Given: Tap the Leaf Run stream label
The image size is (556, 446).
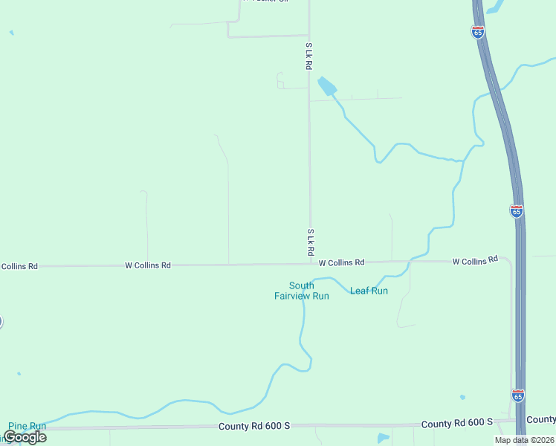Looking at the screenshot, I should (x=369, y=291).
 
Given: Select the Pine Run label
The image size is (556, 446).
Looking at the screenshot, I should (x=27, y=426).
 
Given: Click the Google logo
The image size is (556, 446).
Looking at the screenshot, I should (x=25, y=437).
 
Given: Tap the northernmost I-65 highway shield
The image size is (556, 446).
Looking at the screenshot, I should (x=477, y=31).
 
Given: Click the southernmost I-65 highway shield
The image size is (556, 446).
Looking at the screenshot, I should (x=518, y=394).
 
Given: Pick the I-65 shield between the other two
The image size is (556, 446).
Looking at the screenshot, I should (x=517, y=210).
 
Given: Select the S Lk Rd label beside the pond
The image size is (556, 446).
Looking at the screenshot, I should (x=308, y=56).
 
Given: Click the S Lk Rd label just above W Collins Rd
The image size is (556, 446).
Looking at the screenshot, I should (x=309, y=243).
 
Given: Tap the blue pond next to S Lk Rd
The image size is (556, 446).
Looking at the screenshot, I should (x=326, y=86).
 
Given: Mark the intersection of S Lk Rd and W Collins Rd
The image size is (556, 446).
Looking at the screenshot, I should (x=310, y=263).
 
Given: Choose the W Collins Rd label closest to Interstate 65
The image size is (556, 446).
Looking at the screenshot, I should (x=474, y=261).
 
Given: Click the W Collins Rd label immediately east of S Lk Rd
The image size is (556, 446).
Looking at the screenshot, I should (x=341, y=262).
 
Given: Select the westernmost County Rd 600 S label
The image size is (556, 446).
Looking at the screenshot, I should (x=253, y=426).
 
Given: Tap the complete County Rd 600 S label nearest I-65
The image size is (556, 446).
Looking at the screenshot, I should (x=456, y=423).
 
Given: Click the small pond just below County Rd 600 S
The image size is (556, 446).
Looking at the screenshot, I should (x=383, y=438).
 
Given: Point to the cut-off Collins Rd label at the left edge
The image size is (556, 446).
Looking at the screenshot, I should (x=19, y=265).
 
